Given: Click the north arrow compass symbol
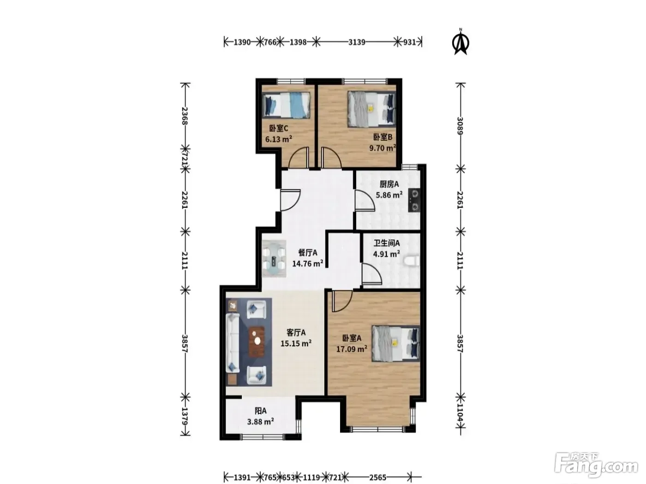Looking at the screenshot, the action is click(x=461, y=42).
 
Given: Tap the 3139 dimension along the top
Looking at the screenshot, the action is click(x=357, y=42).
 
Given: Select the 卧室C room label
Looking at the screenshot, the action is click(x=278, y=129).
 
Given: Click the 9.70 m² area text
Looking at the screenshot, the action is click(x=383, y=148).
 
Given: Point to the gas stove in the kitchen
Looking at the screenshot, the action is click(x=414, y=200).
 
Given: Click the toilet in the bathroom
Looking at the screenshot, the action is click(x=412, y=261).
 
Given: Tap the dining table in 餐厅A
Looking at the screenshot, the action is click(x=274, y=259).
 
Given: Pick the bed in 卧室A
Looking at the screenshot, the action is click(x=395, y=343).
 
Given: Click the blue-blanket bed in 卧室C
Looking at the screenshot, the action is click(x=286, y=105).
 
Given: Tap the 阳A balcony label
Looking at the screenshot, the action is click(x=260, y=411).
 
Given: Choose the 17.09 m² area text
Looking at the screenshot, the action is click(x=352, y=349).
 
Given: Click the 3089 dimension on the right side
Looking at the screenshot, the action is click(x=460, y=126).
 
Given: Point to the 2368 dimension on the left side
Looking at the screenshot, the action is click(x=185, y=116).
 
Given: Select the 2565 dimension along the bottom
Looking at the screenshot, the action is click(x=377, y=477).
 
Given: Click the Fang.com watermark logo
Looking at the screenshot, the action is click(x=596, y=466).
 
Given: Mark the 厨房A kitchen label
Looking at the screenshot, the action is click(x=389, y=184).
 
